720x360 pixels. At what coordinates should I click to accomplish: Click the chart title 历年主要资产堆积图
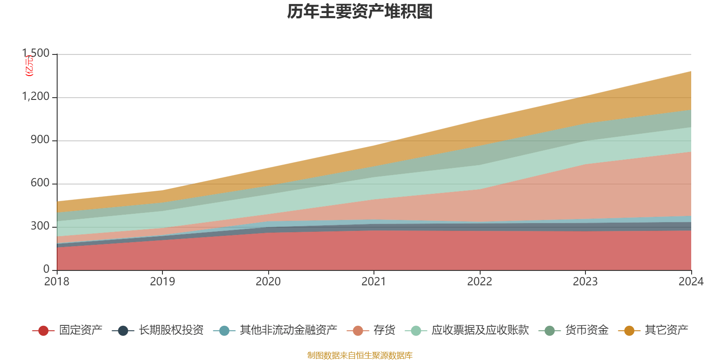[x=360, y=12]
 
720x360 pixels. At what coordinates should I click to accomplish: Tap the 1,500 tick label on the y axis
[x=36, y=54]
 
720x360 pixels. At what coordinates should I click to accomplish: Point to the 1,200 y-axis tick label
[x=36, y=97]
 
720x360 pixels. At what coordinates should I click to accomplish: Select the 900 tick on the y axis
[x=40, y=140]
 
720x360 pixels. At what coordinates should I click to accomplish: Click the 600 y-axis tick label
[x=40, y=183]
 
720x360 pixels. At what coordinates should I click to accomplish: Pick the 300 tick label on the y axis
[x=40, y=226]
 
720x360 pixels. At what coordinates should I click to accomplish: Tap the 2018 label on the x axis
[x=57, y=282]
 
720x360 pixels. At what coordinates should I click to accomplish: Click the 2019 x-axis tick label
[x=162, y=282]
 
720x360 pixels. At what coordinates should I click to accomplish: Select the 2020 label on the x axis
[x=268, y=282]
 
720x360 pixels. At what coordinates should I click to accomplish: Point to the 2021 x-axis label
[x=374, y=282]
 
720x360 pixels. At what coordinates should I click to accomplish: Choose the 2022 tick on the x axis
[x=480, y=282]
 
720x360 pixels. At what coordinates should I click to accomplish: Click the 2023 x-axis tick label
[x=585, y=282]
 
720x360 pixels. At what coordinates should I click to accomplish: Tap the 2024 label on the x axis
[x=691, y=282]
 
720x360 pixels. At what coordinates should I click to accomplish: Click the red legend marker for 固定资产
[x=43, y=331]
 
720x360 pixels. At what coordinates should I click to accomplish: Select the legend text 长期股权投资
[x=171, y=330]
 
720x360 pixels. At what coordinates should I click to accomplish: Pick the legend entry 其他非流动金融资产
[x=288, y=330]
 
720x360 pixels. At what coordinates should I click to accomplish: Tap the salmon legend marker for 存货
[x=358, y=331]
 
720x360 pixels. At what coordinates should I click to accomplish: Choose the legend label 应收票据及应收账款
[x=480, y=330]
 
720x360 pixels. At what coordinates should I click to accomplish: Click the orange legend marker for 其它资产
[x=629, y=331]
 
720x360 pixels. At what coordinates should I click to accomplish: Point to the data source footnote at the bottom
[x=360, y=355]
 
